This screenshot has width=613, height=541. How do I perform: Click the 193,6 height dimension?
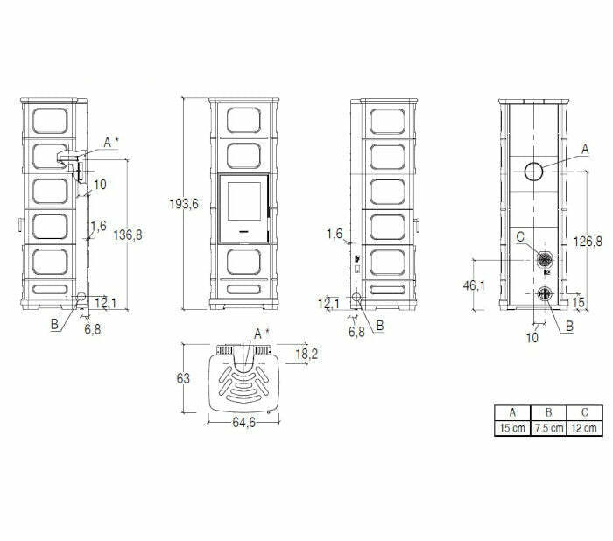[184, 204]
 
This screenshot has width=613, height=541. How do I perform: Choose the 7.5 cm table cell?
[549, 428]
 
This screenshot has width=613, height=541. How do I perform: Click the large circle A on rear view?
[534, 172]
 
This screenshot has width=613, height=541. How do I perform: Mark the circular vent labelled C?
[543, 259]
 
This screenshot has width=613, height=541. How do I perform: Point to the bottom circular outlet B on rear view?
[543, 294]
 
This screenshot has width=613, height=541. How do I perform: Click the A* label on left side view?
[110, 142]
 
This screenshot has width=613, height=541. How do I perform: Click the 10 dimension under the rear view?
[532, 335]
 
